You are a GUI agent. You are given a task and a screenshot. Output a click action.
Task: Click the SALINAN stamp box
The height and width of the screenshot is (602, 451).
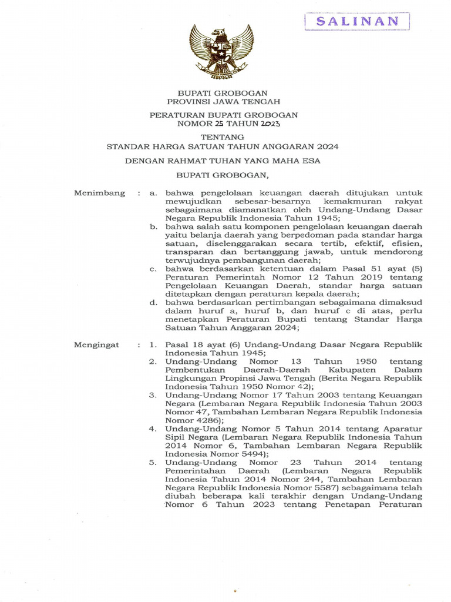point(356,21)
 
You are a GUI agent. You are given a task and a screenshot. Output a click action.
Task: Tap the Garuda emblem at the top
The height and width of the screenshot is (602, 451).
point(221,52)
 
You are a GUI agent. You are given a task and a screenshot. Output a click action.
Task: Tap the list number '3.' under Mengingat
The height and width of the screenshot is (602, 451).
point(153,396)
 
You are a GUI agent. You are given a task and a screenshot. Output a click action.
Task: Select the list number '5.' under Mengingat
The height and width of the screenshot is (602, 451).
point(153,463)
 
